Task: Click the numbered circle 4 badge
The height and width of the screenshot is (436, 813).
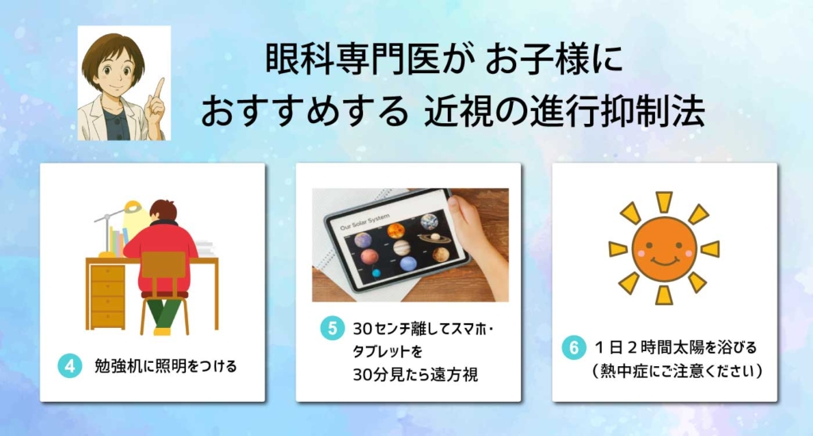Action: tap(70, 365)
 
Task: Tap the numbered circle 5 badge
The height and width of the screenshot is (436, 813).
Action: tap(332, 328)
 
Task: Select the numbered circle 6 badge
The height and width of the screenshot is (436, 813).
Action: tap(574, 347)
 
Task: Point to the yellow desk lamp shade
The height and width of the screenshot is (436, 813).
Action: tap(132, 207)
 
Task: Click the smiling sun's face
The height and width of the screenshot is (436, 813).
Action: tap(665, 249)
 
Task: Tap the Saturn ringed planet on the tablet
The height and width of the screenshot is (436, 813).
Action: tap(434, 237)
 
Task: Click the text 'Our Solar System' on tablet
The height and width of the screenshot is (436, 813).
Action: tap(364, 222)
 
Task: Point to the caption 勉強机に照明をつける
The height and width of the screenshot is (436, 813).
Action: tap(165, 366)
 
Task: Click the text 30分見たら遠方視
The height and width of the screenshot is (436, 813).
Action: tap(415, 374)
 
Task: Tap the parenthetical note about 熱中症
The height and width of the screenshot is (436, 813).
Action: tap(676, 371)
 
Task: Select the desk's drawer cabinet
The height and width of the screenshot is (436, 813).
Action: tap(108, 296)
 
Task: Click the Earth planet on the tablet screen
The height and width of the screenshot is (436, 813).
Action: tap(430, 222)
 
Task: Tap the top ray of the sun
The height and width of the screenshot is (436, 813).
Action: tap(664, 202)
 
